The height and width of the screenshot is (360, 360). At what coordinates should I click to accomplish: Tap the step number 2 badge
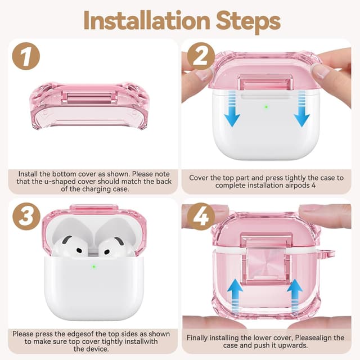[x=200, y=57]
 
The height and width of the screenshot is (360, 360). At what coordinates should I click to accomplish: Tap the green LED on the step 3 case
[x=94, y=266]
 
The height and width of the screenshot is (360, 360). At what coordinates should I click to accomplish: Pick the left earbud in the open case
[x=72, y=245]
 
